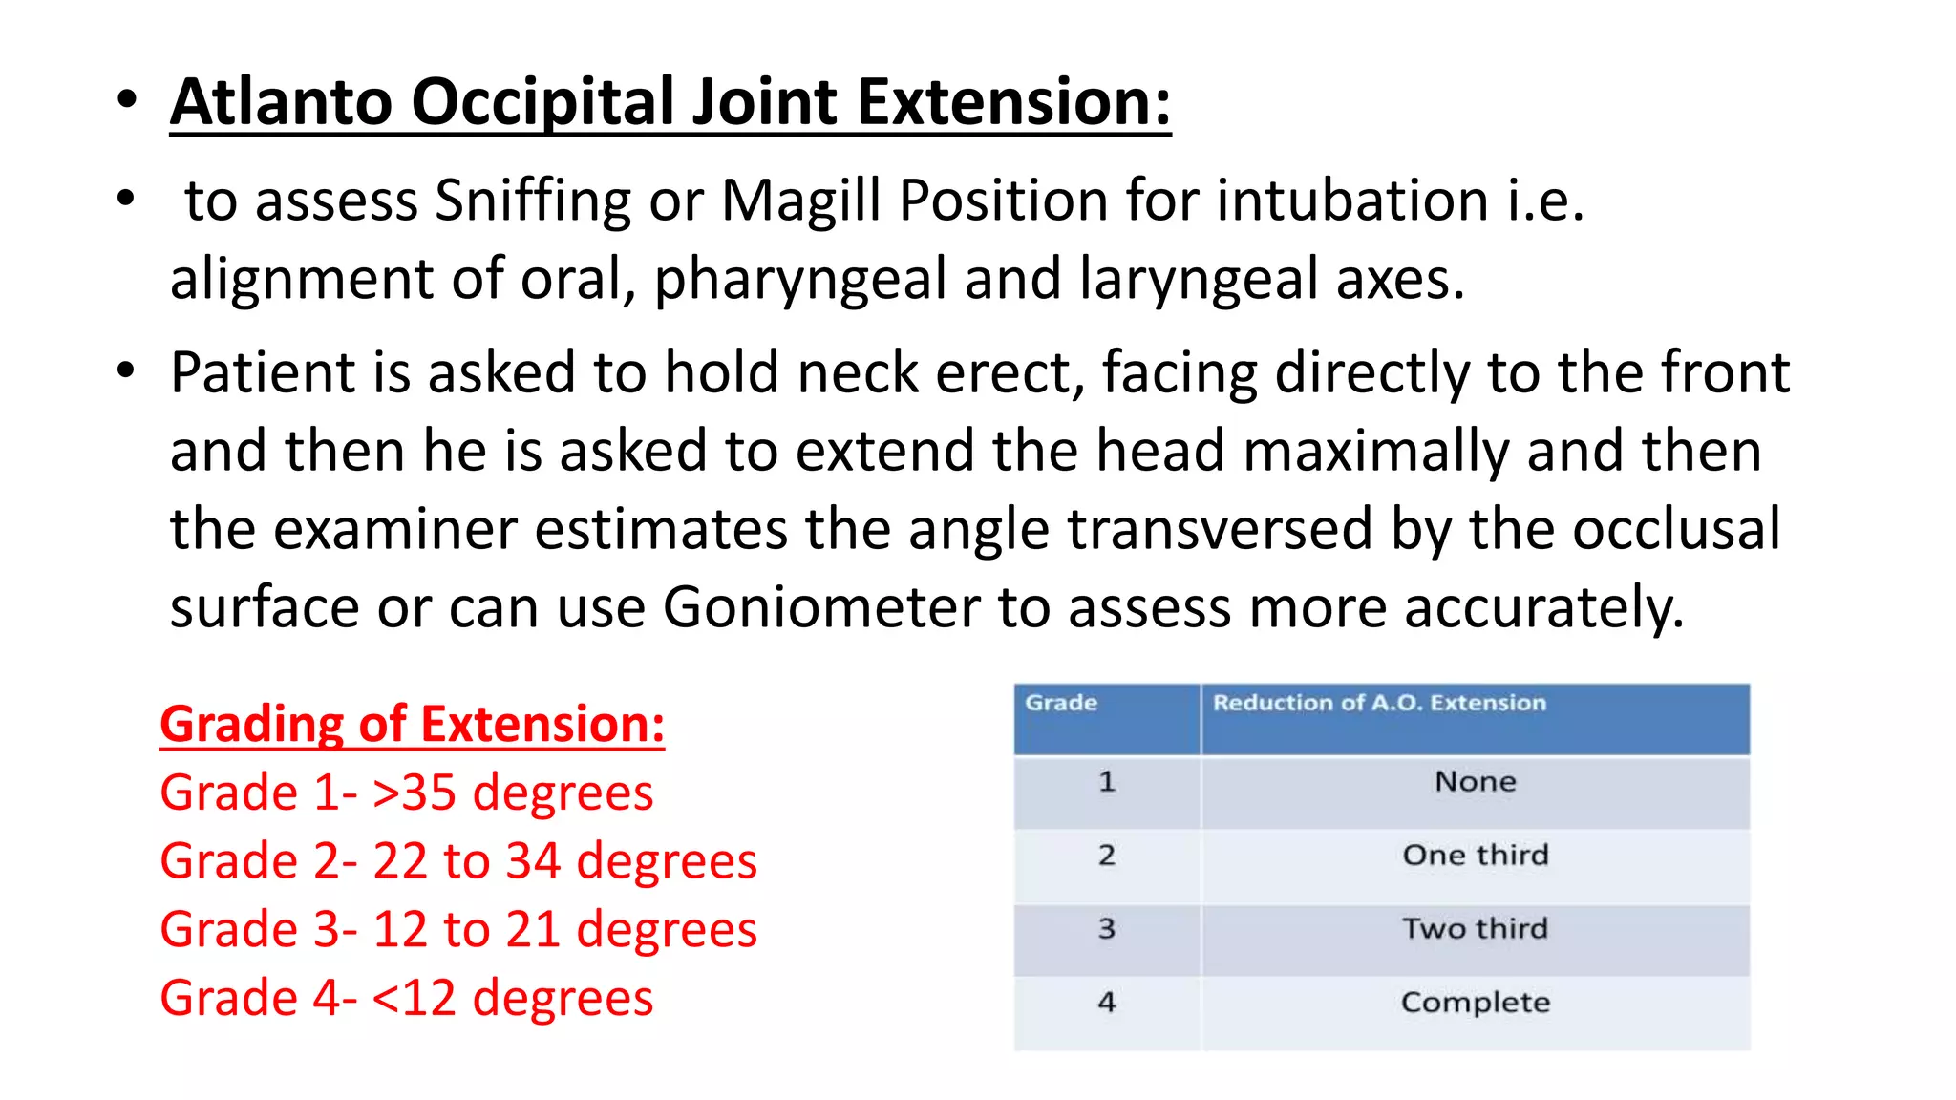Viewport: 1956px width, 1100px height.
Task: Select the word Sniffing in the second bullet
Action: [x=533, y=201]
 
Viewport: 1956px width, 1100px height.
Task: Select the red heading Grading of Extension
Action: [x=412, y=724]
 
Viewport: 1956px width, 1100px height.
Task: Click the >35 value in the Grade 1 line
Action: [x=414, y=793]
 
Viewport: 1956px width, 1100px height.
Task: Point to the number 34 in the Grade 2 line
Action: [x=533, y=861]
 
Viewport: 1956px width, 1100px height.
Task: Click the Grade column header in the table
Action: [x=1061, y=703]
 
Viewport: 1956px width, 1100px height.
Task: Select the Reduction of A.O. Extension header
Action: [x=1379, y=703]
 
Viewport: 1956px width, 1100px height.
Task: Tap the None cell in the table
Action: [x=1475, y=782]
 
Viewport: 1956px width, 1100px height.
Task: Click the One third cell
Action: [x=1475, y=855]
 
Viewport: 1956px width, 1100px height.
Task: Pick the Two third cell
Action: [x=1475, y=928]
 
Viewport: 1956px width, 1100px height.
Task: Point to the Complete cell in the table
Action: [x=1475, y=1002]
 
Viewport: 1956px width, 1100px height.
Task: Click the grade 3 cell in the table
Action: [x=1106, y=928]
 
